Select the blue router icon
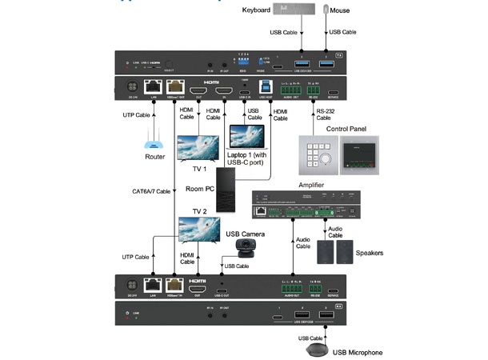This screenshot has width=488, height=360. [x=154, y=146]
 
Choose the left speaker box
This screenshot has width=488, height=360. [x=326, y=253]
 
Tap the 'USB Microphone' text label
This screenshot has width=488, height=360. [x=358, y=352]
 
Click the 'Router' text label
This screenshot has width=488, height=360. [x=154, y=158]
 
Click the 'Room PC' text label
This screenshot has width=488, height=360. [x=200, y=189]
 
